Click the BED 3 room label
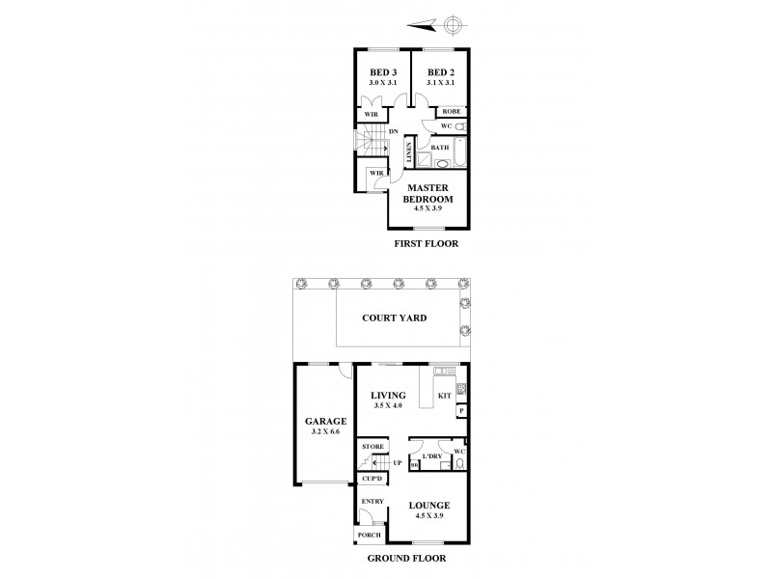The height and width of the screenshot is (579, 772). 383,72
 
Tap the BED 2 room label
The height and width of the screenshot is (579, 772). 440,72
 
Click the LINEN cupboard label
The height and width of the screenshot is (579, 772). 409,153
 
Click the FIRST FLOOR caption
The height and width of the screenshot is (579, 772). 426,244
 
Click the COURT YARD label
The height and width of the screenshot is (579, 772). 394,317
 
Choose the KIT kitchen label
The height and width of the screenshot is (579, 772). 445,395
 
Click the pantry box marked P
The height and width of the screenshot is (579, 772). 461,411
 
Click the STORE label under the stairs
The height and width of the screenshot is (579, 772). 372,447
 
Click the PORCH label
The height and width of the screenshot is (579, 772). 369,536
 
